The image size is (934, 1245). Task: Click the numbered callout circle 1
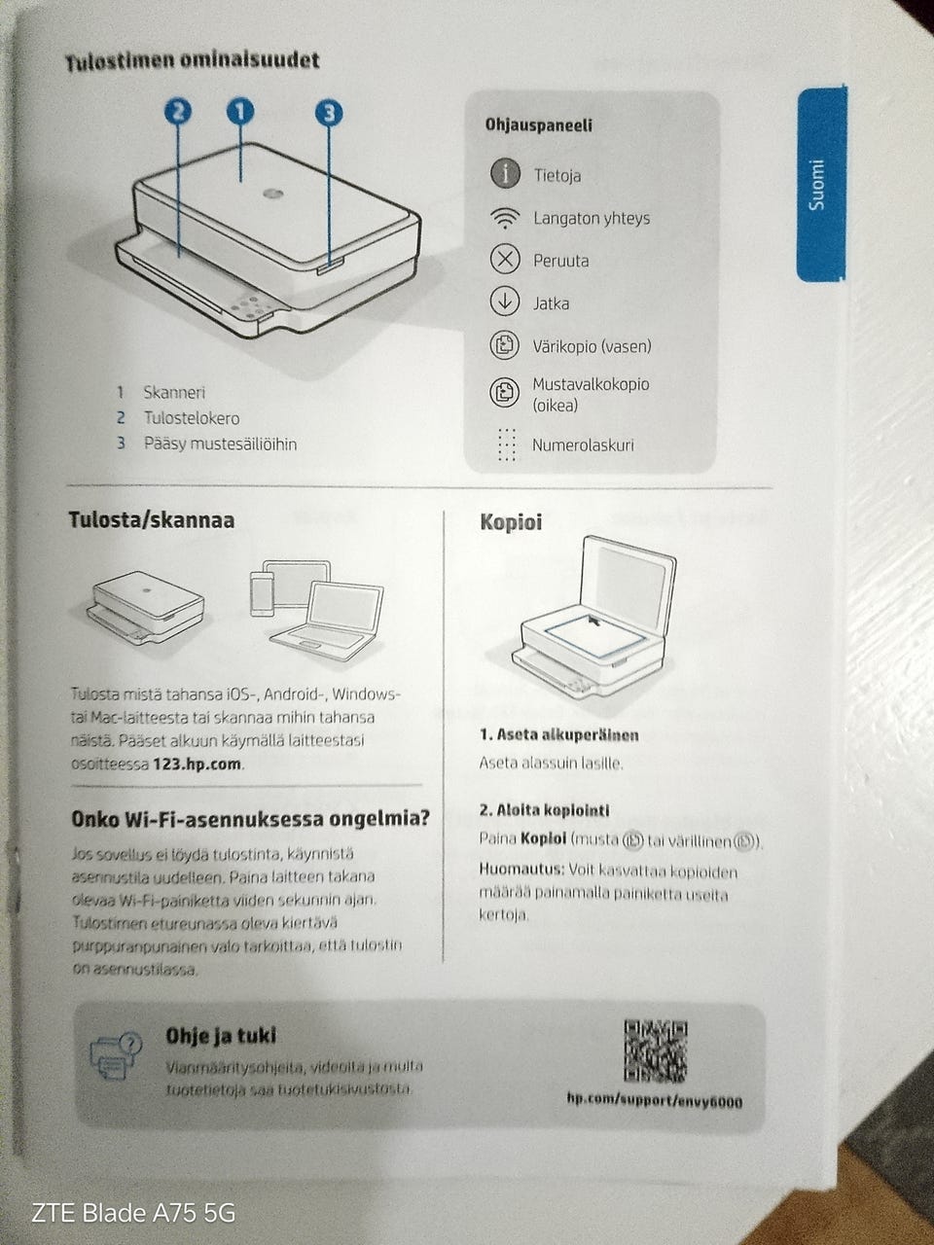click(240, 112)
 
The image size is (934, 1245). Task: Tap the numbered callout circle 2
click(178, 112)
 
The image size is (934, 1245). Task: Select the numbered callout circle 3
click(329, 113)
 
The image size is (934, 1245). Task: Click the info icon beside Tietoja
click(505, 174)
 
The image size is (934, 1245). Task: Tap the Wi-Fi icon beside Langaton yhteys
click(505, 218)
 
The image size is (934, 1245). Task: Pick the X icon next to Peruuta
click(505, 260)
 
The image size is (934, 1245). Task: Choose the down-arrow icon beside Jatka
click(505, 302)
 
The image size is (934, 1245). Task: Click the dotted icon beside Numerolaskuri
click(506, 445)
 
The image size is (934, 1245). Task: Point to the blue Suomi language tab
click(820, 185)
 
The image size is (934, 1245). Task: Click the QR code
click(655, 1050)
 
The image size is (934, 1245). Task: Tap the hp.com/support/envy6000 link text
click(654, 1100)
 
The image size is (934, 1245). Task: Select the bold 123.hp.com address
click(198, 764)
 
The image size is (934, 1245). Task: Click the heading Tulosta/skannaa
click(151, 520)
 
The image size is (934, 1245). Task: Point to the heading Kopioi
click(511, 522)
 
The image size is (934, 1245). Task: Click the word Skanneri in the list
click(174, 393)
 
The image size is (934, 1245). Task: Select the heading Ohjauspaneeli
click(538, 125)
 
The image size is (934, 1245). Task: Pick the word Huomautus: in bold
click(521, 870)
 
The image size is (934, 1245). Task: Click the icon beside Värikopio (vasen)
click(505, 345)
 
